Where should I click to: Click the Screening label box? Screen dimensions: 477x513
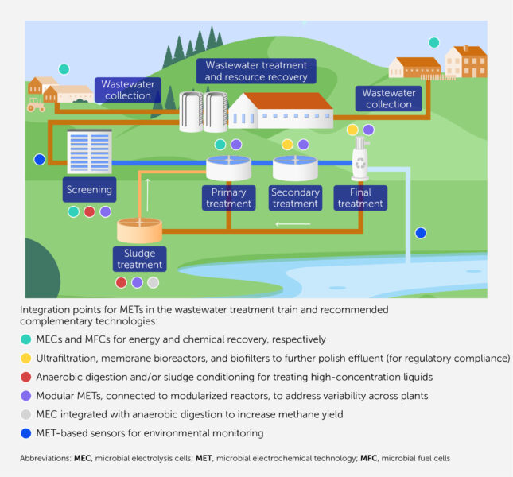tap(88, 190)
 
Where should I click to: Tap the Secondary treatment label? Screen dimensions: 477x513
tap(295, 198)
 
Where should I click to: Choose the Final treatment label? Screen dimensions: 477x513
tap(359, 198)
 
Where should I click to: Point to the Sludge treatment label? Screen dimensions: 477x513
tap(139, 259)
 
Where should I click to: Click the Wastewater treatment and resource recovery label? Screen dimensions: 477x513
tap(256, 71)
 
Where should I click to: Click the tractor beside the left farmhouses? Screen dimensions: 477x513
tap(36, 104)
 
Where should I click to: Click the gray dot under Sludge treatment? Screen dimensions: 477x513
tap(153, 282)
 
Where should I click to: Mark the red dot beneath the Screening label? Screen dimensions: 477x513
tap(89, 212)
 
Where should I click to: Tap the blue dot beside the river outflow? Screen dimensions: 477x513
tap(421, 233)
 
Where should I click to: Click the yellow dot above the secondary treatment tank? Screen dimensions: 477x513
tap(288, 145)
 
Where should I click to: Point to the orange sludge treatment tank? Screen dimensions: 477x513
tap(140, 230)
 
